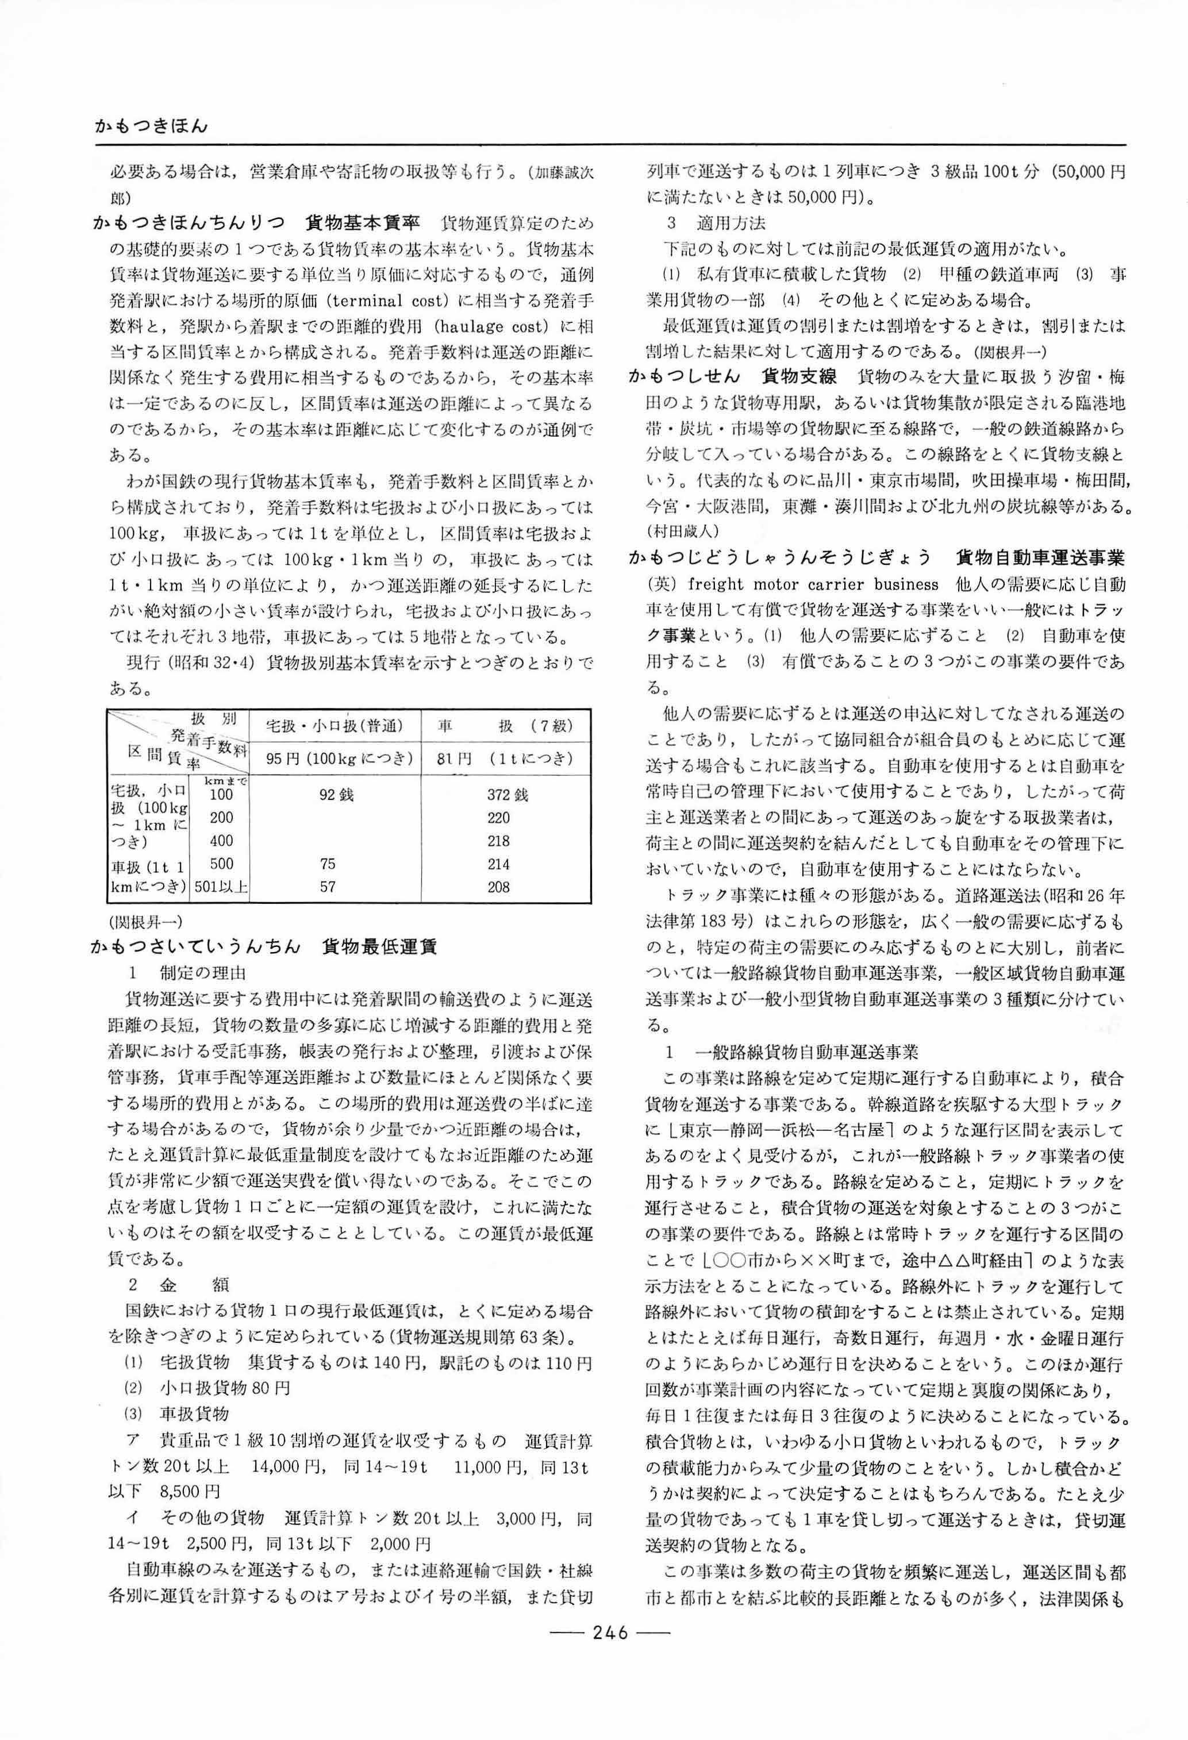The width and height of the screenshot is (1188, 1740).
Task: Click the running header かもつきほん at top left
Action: [151, 126]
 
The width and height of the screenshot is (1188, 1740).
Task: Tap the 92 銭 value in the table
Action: [336, 794]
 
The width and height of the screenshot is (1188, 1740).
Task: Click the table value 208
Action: [498, 887]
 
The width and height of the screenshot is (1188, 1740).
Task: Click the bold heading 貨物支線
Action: [799, 376]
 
